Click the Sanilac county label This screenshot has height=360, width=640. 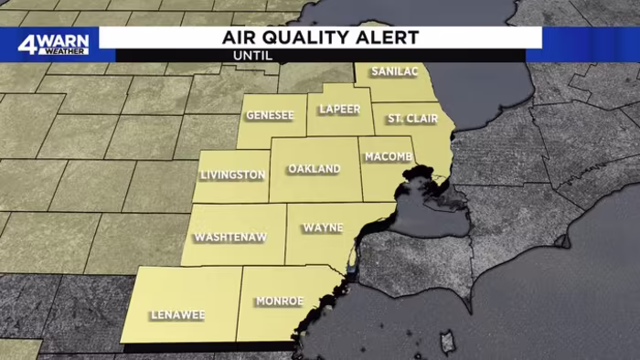(394, 71)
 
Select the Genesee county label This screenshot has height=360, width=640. (270, 115)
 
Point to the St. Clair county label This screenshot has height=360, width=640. (407, 119)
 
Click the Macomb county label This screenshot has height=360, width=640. (389, 157)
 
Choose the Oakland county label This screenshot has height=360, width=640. (314, 169)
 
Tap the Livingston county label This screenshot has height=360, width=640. (233, 175)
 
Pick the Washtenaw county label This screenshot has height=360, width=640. (229, 238)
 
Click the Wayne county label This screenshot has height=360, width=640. (323, 227)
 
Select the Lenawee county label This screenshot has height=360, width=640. (178, 315)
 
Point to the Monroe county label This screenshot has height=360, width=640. (279, 301)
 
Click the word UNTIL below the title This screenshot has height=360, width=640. (253, 56)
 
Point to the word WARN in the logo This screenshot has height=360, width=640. (67, 39)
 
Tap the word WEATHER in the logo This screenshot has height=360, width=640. (67, 50)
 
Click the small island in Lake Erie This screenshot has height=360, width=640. (447, 343)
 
